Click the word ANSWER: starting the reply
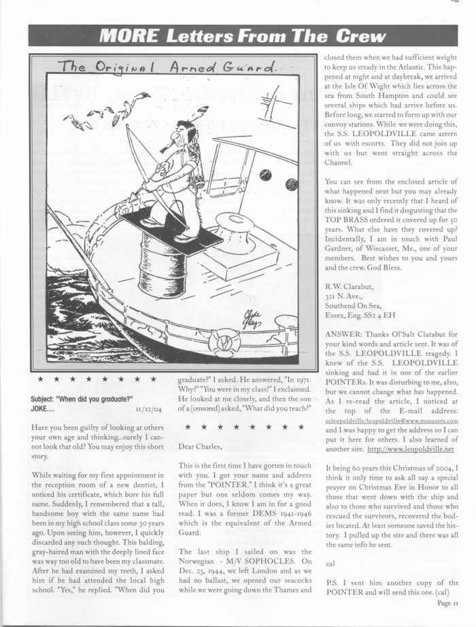[x=345, y=335]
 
